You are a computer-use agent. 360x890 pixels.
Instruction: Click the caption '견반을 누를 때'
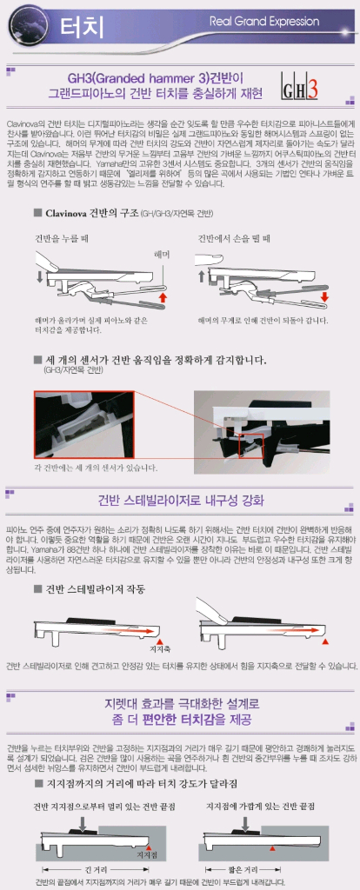coord(62,237)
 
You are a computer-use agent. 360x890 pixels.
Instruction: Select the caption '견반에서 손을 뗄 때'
coord(234,237)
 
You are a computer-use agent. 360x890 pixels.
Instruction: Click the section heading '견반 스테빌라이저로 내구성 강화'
coord(179,499)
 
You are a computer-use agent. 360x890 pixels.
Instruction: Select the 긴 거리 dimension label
coord(95,867)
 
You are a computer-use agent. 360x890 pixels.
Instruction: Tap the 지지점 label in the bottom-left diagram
coord(147,855)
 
